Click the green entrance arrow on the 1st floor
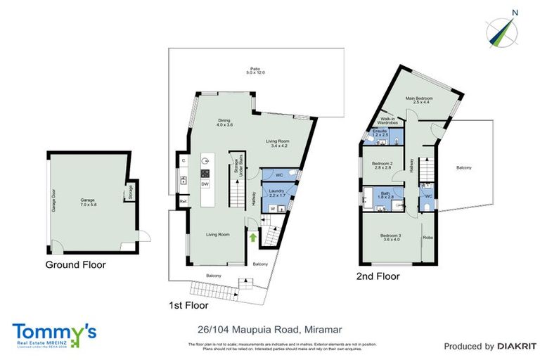(252, 238)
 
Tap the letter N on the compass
(515, 12)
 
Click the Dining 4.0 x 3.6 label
(224, 122)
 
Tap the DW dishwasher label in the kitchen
(205, 184)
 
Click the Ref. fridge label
(183, 202)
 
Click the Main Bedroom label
(419, 100)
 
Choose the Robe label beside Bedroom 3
(427, 238)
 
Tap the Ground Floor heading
(75, 265)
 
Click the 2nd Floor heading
(378, 277)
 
